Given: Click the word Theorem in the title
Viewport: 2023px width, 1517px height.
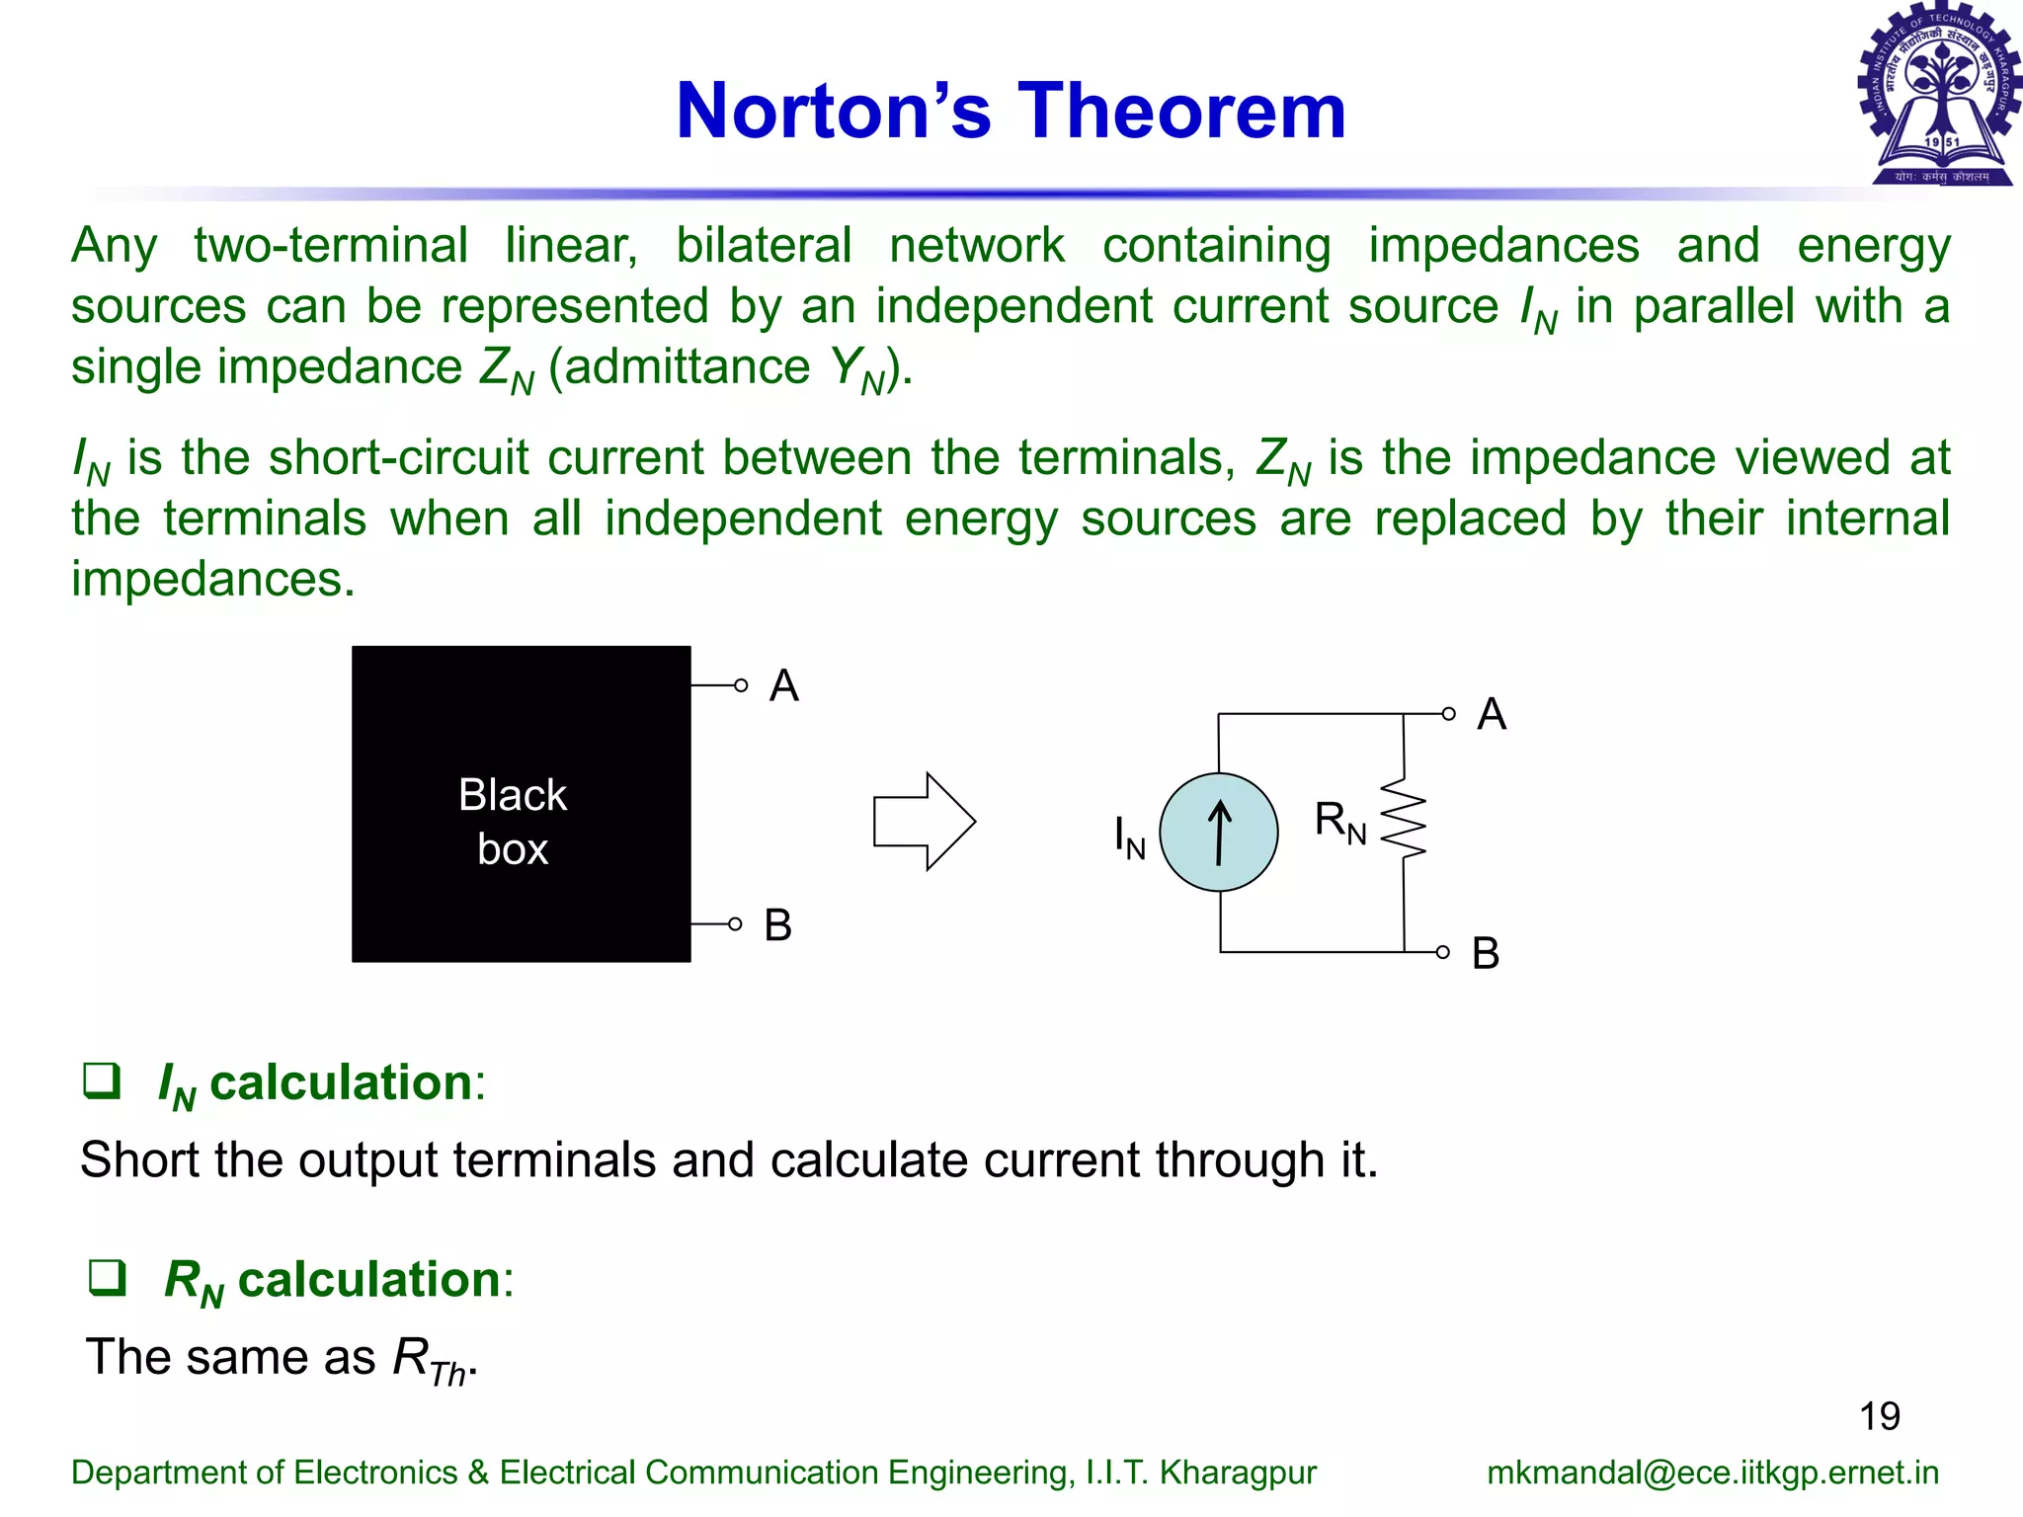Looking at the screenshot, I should [x=1181, y=111].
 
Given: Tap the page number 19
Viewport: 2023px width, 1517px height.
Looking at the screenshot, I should [x=1879, y=1416].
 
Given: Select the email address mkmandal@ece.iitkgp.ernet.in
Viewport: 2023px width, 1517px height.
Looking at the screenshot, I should [x=1712, y=1473].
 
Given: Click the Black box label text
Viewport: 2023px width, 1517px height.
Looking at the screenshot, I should [x=513, y=822].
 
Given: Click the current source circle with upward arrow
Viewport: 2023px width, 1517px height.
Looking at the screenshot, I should [x=1219, y=833].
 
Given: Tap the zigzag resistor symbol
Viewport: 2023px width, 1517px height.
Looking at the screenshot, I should [x=1404, y=819].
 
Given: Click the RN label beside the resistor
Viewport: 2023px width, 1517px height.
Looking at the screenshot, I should [x=1339, y=822].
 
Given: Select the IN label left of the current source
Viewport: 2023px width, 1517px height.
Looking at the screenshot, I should [x=1129, y=837].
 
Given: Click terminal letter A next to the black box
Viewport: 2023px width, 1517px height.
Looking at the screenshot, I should [x=783, y=685].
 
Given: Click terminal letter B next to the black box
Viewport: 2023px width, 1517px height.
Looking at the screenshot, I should [x=777, y=925].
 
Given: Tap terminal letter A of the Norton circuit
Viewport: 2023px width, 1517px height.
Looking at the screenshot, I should [x=1492, y=714].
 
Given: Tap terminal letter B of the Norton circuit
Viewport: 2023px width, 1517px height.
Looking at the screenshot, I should [x=1486, y=953].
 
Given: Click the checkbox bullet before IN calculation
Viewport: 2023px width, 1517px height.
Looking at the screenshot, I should [x=102, y=1080].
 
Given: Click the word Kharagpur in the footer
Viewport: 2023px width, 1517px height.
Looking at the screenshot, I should [x=1238, y=1473].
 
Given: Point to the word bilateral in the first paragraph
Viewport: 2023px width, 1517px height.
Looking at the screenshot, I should [x=763, y=245].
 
